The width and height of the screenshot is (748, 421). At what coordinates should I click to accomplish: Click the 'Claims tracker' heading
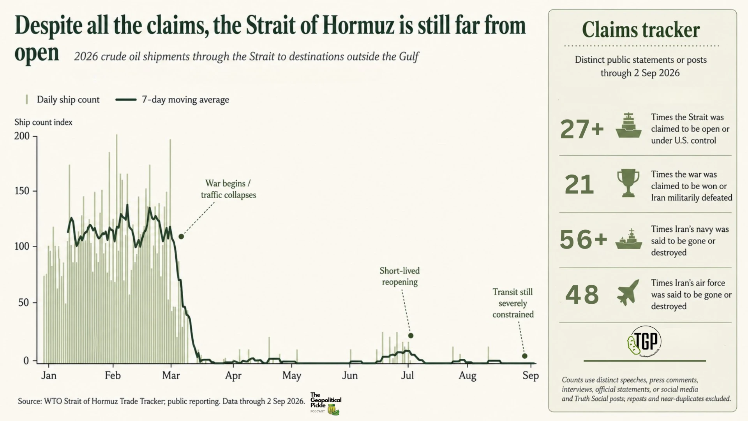point(641,30)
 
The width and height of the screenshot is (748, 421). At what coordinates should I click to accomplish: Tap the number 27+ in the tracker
point(582,129)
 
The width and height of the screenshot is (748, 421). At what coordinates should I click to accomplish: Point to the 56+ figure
point(583,239)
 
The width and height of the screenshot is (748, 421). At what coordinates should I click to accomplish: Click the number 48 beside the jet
point(582,294)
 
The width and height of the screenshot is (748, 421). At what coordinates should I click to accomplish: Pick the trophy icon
point(628,183)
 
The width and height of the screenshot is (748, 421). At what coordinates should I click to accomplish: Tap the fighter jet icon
point(628,292)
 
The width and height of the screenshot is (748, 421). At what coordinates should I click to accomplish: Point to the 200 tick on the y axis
point(22,136)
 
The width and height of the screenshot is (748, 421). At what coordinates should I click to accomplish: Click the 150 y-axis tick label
point(22,191)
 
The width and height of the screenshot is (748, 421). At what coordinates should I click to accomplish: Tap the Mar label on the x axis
point(171,375)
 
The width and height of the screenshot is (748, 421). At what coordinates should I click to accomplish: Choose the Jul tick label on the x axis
point(408,375)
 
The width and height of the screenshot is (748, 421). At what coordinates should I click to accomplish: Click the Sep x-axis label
point(531,375)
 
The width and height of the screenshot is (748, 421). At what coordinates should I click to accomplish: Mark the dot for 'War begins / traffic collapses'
point(181,236)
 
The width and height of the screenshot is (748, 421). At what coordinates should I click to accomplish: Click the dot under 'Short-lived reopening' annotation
point(411,336)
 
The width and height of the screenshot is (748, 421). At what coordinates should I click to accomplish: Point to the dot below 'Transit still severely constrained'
point(525,356)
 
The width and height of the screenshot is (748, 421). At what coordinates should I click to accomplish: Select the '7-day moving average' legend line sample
point(126,100)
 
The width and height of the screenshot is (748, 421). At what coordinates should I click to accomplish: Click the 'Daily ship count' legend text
point(68,100)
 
